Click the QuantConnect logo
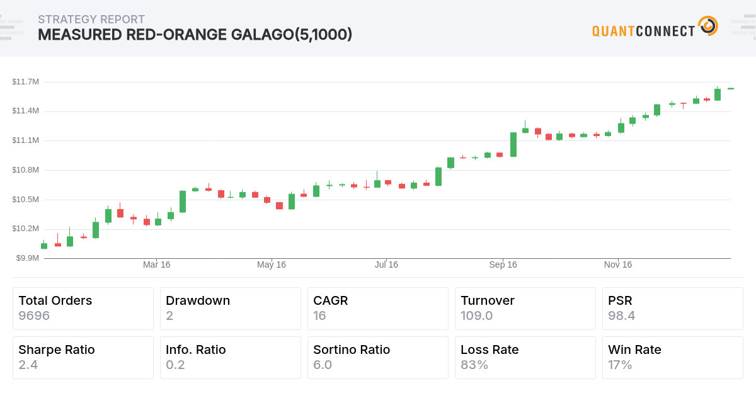tap(655, 28)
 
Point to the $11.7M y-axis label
tap(25, 82)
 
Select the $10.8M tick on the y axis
tap(25, 170)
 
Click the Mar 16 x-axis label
tap(156, 265)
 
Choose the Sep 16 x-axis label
tap(503, 265)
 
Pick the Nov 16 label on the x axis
tap(618, 265)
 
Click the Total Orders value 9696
tap(34, 316)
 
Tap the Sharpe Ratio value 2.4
tap(28, 365)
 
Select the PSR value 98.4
tap(621, 316)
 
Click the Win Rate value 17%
tap(620, 365)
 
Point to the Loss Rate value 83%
tap(474, 365)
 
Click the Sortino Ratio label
tap(352, 350)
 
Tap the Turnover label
tap(487, 300)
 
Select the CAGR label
tap(330, 300)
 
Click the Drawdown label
tap(198, 300)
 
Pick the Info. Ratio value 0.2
tap(175, 365)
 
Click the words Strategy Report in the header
tap(91, 20)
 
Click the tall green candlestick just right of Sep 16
tap(513, 144)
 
